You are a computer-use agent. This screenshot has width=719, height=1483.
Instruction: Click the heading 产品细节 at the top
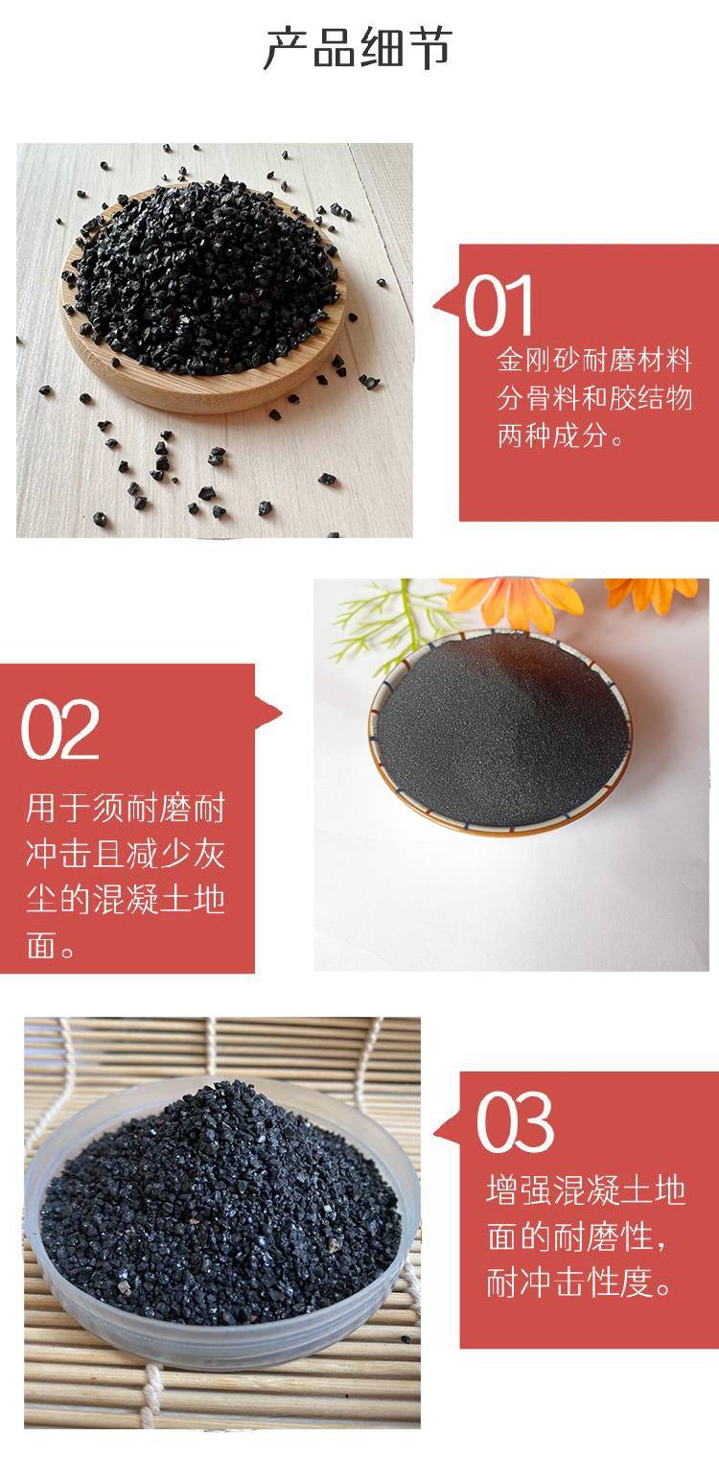click(x=358, y=49)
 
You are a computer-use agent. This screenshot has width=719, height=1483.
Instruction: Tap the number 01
click(x=499, y=306)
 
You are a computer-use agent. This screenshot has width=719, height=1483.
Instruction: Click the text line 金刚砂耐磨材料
click(x=594, y=360)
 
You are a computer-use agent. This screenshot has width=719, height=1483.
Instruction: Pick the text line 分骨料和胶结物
click(x=594, y=398)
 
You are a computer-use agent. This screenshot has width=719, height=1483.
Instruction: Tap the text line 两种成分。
click(x=561, y=435)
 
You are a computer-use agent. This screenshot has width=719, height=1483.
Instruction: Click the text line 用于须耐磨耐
click(x=126, y=809)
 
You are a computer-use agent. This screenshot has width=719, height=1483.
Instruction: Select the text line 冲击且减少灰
click(x=126, y=854)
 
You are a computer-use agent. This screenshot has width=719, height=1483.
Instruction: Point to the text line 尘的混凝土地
click(x=126, y=900)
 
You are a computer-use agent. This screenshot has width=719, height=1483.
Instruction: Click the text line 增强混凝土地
click(x=586, y=1190)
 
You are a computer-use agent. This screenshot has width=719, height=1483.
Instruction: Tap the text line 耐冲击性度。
click(x=581, y=1282)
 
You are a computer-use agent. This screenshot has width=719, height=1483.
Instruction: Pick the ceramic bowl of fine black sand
click(x=499, y=732)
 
